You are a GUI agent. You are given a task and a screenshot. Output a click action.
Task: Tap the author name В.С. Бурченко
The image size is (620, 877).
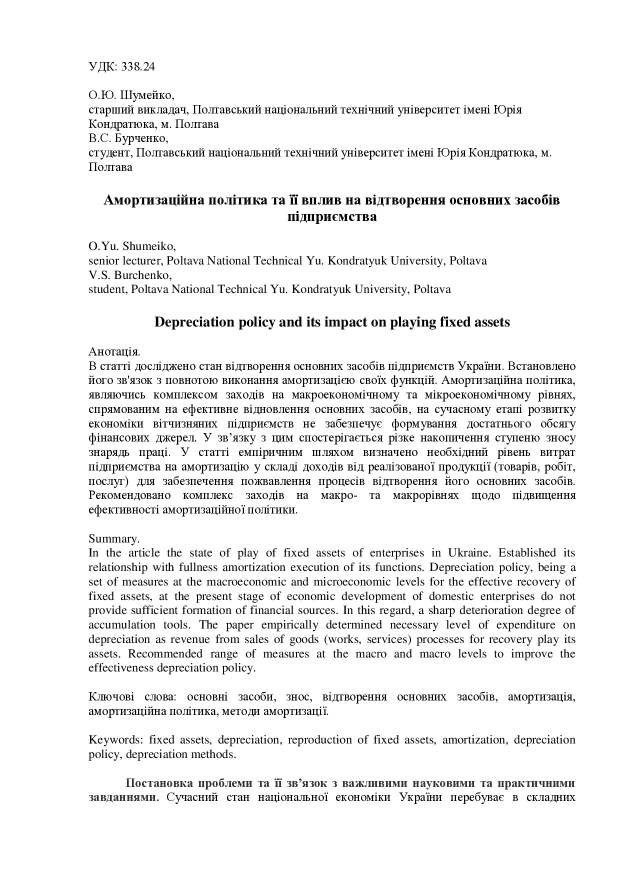point(128,138)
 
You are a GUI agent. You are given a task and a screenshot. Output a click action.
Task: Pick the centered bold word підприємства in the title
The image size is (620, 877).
point(332,217)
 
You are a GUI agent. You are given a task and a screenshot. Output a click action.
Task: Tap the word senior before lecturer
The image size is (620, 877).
point(102,261)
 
